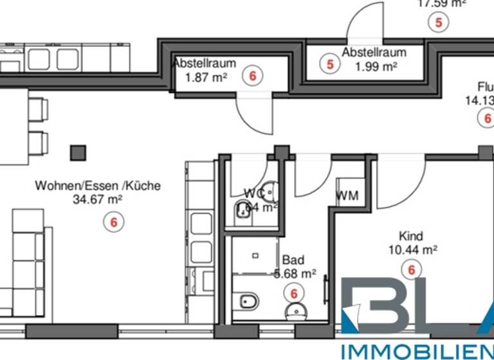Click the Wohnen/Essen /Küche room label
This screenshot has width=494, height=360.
[97, 186]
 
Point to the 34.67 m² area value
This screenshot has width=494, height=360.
[98, 199]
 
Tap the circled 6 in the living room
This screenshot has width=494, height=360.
[114, 222]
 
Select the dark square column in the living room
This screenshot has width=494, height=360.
[78, 153]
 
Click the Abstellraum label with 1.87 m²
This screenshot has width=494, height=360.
[204, 64]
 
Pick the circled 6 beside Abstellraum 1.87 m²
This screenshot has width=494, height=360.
[252, 76]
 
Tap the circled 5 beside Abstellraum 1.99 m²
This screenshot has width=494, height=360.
[330, 64]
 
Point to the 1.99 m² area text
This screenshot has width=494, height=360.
[376, 66]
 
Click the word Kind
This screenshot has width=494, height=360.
[410, 236]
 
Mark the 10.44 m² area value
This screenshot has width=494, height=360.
[412, 249]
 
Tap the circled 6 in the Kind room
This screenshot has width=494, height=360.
[410, 269]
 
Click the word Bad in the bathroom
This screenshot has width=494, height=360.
[293, 260]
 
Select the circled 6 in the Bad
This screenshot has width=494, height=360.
[294, 293]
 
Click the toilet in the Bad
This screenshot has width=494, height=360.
[247, 301]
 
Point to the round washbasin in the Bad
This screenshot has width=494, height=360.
[297, 312]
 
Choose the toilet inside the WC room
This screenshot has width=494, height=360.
[243, 210]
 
